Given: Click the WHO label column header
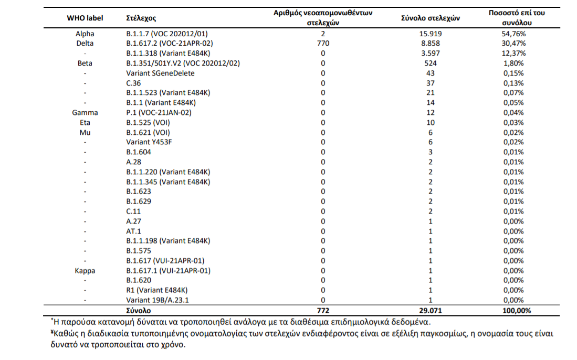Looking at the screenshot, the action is pyautogui.click(x=85, y=18).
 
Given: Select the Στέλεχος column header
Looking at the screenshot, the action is pyautogui.click(x=141, y=18).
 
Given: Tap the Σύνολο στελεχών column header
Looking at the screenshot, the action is pyautogui.click(x=430, y=18).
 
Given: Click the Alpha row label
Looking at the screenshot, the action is pyautogui.click(x=85, y=34).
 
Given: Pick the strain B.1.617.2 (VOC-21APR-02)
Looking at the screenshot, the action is pyautogui.click(x=170, y=44).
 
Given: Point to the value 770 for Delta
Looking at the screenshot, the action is pyautogui.click(x=323, y=44).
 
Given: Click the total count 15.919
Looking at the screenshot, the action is pyautogui.click(x=430, y=34).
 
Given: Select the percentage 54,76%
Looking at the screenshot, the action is pyautogui.click(x=513, y=34).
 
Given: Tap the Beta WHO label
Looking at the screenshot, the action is pyautogui.click(x=85, y=63).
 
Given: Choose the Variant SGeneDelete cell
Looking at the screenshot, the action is pyautogui.click(x=160, y=73).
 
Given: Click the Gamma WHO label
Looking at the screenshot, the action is pyautogui.click(x=85, y=113).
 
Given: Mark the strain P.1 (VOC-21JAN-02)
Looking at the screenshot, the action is pyautogui.click(x=159, y=113).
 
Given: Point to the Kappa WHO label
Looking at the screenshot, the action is pyautogui.click(x=85, y=271).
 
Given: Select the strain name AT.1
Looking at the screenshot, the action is pyautogui.click(x=133, y=231).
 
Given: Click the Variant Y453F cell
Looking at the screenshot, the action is pyautogui.click(x=149, y=142).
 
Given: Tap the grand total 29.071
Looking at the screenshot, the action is pyautogui.click(x=430, y=311).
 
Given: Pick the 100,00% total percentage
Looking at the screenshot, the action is pyautogui.click(x=516, y=311).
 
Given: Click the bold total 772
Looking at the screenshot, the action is pyautogui.click(x=323, y=311).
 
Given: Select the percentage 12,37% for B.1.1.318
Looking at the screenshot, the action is pyautogui.click(x=513, y=54).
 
